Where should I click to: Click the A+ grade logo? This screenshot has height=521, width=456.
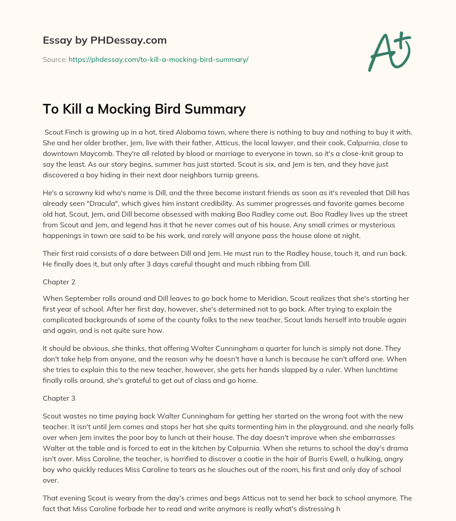(389, 52)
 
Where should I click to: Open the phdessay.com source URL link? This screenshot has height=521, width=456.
(158, 59)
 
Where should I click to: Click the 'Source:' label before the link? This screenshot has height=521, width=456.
(54, 59)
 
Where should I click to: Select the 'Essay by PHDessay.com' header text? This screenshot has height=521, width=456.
(105, 40)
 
